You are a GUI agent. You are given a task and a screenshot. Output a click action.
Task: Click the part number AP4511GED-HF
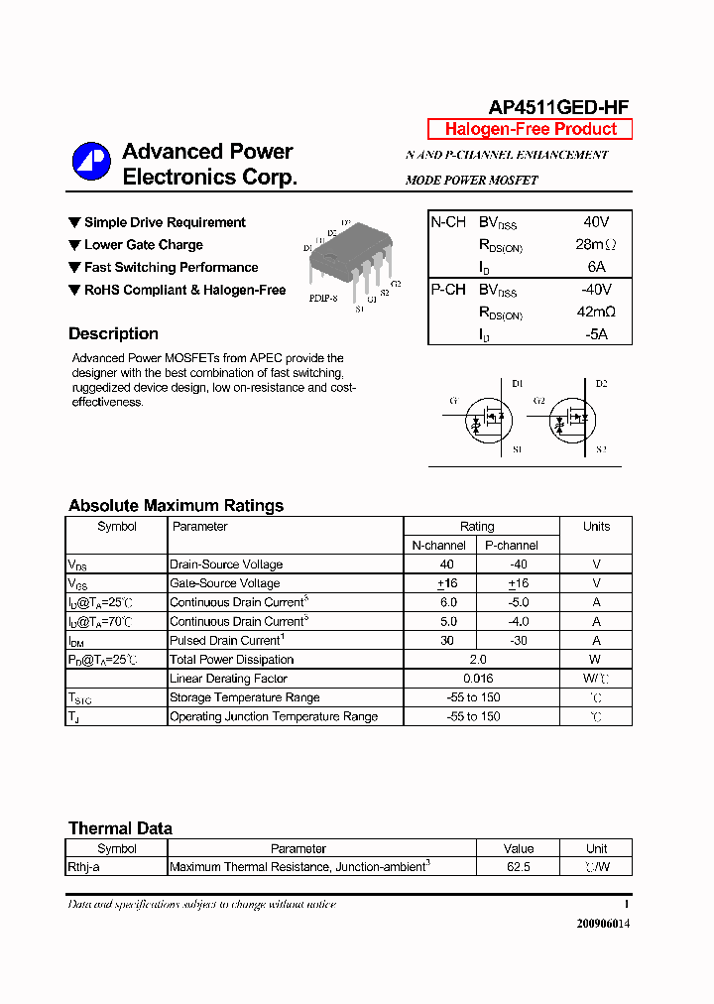[558, 108]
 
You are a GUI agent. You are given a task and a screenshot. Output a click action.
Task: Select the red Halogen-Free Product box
[530, 129]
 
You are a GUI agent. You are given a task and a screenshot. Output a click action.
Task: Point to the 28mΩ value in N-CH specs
[595, 244]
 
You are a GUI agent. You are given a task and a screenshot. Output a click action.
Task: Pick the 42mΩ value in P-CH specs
[595, 312]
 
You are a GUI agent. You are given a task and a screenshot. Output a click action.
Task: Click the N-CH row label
[448, 222]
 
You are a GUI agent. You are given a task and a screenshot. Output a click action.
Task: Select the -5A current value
[595, 334]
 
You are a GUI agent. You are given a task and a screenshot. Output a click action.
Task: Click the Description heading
[113, 334]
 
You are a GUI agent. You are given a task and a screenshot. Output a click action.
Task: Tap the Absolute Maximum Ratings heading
[176, 506]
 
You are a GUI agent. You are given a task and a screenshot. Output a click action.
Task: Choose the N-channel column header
[438, 546]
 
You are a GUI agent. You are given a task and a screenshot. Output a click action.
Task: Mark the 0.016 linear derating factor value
[478, 679]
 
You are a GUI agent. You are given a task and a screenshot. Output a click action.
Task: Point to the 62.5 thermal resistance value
[518, 867]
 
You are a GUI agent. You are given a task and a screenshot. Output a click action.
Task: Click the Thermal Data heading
[120, 828]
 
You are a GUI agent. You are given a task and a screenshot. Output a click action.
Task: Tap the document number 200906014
[603, 924]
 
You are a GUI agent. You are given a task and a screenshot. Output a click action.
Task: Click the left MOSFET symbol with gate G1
[486, 421]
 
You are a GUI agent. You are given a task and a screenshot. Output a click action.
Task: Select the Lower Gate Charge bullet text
[143, 245]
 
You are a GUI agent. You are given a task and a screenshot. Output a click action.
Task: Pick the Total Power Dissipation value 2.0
[478, 660]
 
